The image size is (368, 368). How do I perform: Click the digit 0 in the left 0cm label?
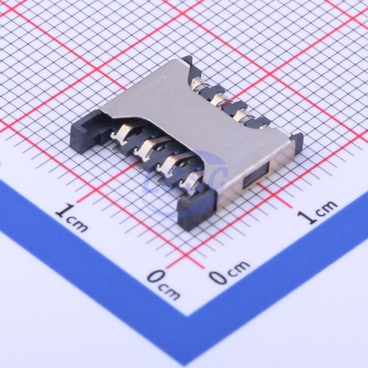coord(157,277)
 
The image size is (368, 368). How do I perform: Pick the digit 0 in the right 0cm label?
coord(219,276)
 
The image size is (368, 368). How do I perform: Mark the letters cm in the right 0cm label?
coord(239,268)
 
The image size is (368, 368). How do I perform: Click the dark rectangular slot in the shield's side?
coord(256,175)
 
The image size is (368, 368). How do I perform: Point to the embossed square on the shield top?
coord(229,140)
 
